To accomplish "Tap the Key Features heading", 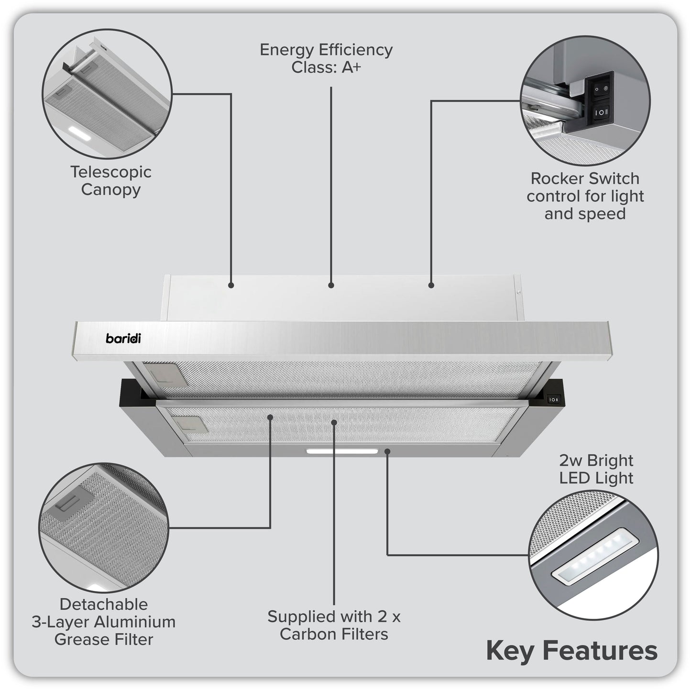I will click(x=571, y=651).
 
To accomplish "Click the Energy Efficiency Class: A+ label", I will click(x=326, y=58).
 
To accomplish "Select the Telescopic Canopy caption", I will click(x=111, y=180).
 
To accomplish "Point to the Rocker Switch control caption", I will click(x=585, y=196).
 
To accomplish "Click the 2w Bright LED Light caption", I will click(x=596, y=469).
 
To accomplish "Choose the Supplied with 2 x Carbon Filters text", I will click(x=334, y=625).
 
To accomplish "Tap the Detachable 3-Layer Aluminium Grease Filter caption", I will click(x=104, y=622).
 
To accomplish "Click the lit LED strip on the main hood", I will click(x=342, y=451).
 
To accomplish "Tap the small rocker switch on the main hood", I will click(x=553, y=399).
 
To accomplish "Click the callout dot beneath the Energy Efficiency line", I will click(x=331, y=285).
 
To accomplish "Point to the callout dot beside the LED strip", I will click(x=387, y=450).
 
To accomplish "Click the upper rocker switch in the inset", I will click(x=600, y=89).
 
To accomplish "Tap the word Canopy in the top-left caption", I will click(x=111, y=189).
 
